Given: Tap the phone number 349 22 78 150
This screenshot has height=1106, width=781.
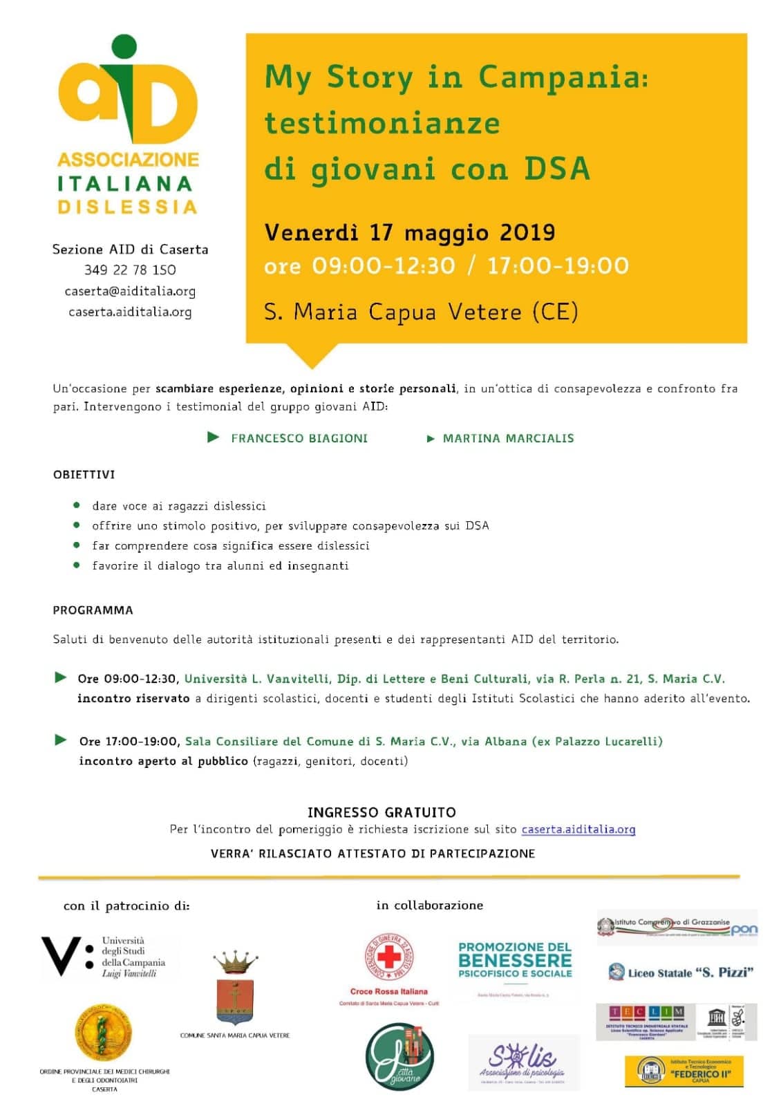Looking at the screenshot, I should [x=130, y=270].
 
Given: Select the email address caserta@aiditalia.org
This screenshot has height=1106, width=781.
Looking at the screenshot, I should [x=130, y=291].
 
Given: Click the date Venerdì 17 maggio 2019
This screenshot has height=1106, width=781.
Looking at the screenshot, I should [x=410, y=232].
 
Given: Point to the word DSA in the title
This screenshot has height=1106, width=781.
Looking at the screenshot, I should [x=556, y=169].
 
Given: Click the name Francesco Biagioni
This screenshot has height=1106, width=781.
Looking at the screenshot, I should [x=299, y=438].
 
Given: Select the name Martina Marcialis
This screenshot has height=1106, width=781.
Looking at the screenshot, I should [x=508, y=438].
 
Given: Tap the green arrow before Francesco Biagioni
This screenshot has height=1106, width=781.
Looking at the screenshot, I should [x=214, y=437].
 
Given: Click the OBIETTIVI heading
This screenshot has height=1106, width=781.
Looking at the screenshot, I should [x=84, y=475].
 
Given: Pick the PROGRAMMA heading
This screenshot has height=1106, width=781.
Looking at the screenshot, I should [x=93, y=610].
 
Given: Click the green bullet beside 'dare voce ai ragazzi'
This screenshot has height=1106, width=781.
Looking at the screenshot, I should [x=77, y=505].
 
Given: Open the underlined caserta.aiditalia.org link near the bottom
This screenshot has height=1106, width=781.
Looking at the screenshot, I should [x=578, y=829].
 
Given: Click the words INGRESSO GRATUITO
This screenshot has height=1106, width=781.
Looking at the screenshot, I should [x=382, y=812].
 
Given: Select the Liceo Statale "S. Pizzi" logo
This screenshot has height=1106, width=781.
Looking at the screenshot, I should [x=680, y=973].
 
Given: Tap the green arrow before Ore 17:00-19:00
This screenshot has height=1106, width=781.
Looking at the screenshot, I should [x=61, y=740].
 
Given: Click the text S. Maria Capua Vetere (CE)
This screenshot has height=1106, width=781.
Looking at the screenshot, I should [x=421, y=312].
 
